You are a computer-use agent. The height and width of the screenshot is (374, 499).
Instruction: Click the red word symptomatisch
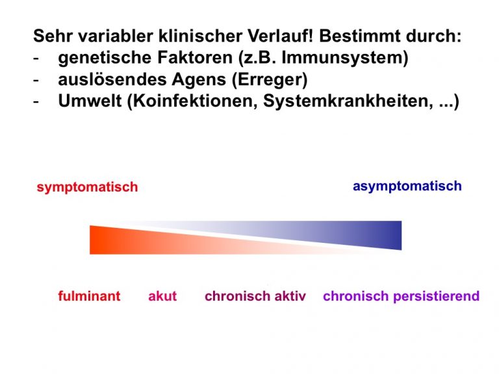tap(87, 187)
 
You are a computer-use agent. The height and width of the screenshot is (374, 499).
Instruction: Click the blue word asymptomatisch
tap(407, 186)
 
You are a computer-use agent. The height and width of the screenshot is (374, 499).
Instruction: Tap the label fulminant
tap(89, 296)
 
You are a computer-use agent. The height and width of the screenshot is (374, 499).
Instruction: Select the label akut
tap(162, 296)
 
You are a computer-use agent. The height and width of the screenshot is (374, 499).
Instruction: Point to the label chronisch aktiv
tap(255, 296)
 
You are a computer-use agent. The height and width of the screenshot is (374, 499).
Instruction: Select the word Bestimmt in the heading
tap(359, 36)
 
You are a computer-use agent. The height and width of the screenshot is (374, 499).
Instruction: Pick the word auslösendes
tap(112, 79)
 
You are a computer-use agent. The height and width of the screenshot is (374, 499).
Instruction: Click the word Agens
tap(199, 80)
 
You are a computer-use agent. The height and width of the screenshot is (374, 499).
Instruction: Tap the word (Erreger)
tap(270, 80)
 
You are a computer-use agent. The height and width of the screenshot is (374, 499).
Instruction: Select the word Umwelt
tap(90, 101)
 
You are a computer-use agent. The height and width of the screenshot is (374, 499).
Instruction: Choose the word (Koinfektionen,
tap(192, 102)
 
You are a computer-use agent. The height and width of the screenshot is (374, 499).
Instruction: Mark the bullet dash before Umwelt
tap(36, 103)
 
